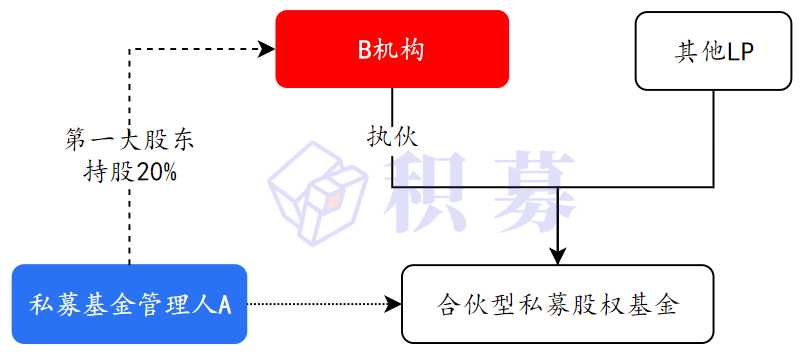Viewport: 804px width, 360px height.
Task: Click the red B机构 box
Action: tap(392, 50)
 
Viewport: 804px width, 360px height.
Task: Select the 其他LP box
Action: tap(712, 50)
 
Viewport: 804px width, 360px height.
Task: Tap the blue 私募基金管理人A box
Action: tap(130, 303)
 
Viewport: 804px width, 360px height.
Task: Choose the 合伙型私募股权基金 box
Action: tap(558, 303)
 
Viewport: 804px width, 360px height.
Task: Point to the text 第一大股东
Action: tap(130, 140)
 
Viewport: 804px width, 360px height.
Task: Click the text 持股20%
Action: tap(130, 171)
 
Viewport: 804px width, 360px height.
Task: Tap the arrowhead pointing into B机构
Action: tap(267, 47)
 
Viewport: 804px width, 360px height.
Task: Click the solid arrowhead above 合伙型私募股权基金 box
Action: tap(559, 257)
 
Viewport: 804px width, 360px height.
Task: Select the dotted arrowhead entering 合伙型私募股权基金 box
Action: tap(393, 303)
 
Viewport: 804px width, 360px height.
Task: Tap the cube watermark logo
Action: tap(316, 188)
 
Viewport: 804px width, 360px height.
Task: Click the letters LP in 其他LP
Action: tap(739, 50)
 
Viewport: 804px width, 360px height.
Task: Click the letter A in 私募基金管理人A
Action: tap(225, 303)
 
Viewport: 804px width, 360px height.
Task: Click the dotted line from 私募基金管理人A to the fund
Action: tap(320, 303)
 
